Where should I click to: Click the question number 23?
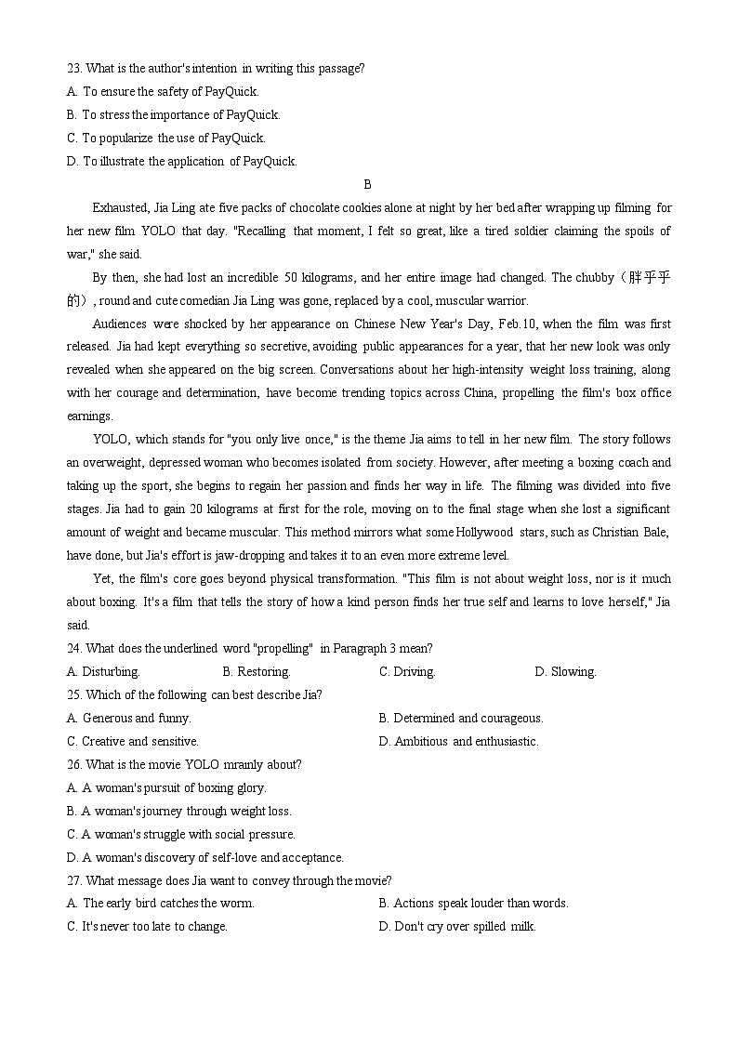(x=73, y=68)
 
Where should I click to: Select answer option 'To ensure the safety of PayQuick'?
(x=170, y=91)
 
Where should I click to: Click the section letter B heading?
(x=368, y=184)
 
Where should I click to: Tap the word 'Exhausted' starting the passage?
(x=119, y=207)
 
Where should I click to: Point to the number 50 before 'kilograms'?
(x=291, y=277)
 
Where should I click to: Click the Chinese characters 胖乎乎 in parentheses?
(x=649, y=277)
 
